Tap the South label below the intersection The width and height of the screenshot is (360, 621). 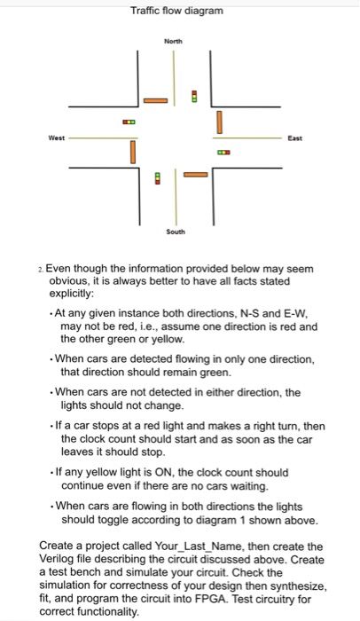pos(176,232)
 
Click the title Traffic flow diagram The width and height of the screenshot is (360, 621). pos(176,11)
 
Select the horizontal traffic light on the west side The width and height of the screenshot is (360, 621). pos(129,122)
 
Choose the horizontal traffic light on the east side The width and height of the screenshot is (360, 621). pos(223,153)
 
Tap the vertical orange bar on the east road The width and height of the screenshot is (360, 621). pos(218,119)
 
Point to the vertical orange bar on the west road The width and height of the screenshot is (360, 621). pos(133,154)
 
